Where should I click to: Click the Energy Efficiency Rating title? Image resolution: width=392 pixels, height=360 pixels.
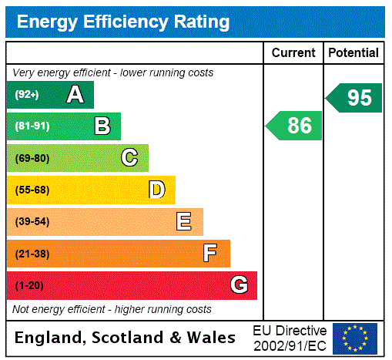122,22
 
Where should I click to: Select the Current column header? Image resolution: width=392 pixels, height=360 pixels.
293,53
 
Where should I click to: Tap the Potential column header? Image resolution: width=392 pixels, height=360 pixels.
353,53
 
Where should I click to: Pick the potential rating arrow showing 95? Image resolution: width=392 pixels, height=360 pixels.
354,98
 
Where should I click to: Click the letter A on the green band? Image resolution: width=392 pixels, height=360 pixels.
75,95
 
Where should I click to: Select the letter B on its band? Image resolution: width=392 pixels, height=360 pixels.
102,126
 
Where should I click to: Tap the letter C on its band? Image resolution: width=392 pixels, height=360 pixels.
129,158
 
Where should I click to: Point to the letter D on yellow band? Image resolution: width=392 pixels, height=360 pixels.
156,190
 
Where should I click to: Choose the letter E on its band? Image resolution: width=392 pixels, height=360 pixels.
184,222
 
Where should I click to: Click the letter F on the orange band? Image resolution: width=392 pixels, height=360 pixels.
210,254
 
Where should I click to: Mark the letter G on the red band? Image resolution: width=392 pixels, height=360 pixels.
239,285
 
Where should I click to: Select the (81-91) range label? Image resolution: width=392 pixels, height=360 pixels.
32,126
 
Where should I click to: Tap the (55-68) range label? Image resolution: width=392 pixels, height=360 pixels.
32,190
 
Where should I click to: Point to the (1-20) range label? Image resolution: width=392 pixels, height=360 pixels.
28,285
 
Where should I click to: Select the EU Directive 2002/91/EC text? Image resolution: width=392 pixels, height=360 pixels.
290,338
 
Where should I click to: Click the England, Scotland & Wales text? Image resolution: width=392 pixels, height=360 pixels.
126,338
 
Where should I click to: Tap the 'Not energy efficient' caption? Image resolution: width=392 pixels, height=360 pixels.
112,309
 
